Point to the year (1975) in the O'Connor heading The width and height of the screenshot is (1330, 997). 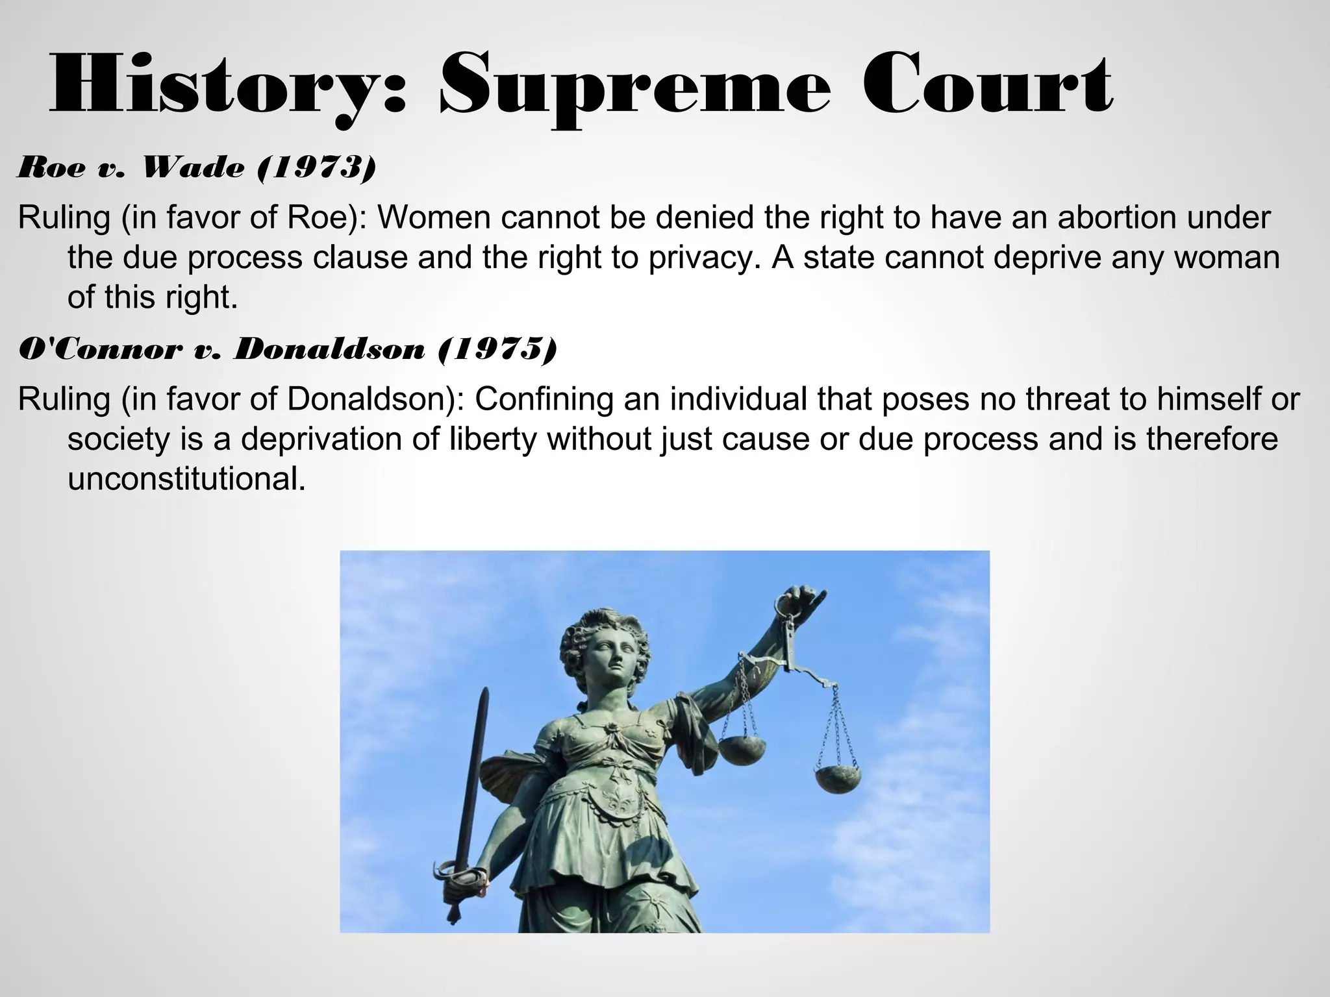(497, 350)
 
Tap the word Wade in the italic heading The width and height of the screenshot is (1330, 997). (193, 168)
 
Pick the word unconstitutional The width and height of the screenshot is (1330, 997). (186, 479)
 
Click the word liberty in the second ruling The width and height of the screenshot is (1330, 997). (493, 439)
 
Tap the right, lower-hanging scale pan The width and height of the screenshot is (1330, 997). (838, 779)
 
